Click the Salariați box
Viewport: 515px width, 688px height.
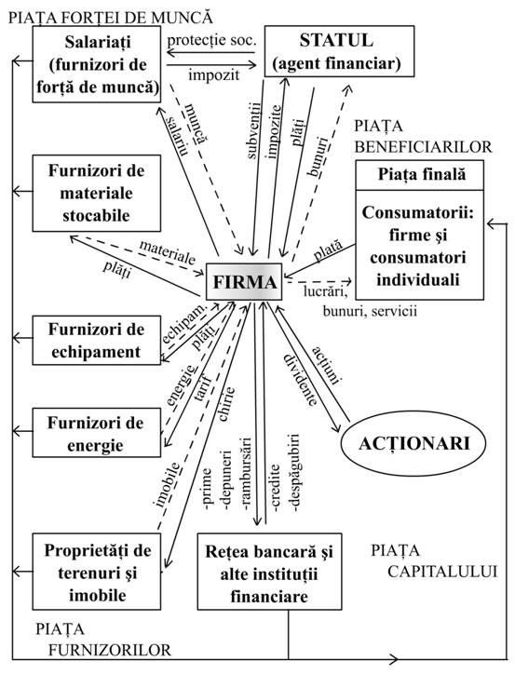click(x=97, y=62)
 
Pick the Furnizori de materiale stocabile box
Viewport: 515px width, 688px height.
click(x=97, y=192)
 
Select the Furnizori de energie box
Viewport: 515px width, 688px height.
click(x=97, y=432)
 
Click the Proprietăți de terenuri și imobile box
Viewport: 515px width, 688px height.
click(x=97, y=568)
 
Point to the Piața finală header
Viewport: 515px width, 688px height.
click(x=421, y=174)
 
